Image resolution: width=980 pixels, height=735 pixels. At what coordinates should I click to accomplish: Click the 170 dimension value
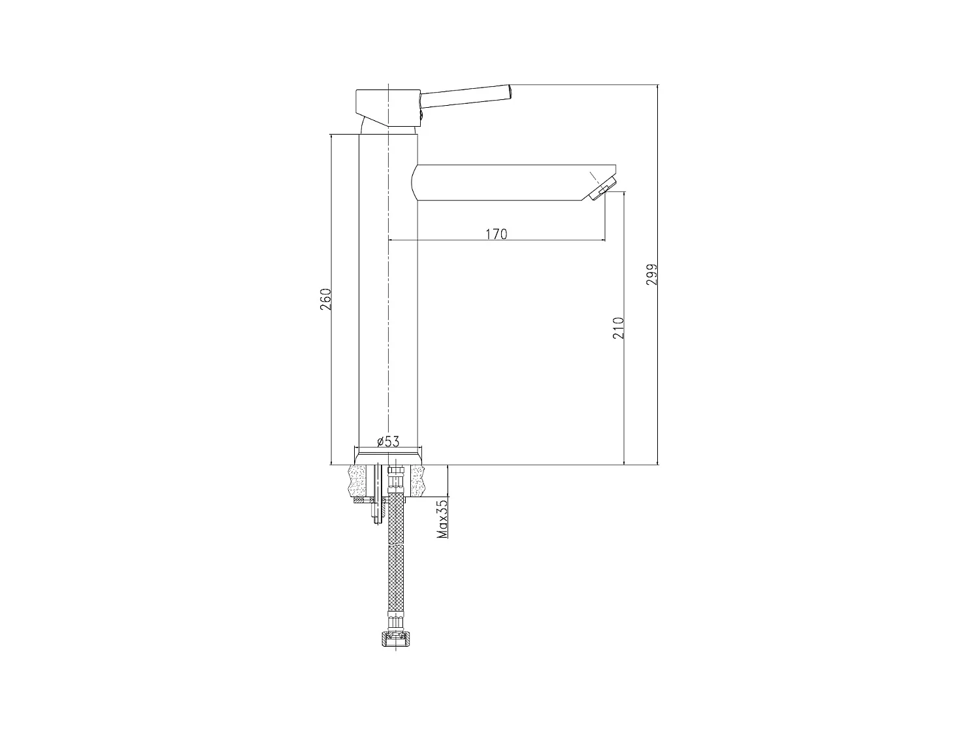click(x=497, y=233)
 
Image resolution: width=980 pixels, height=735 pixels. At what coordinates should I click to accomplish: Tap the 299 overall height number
click(x=651, y=275)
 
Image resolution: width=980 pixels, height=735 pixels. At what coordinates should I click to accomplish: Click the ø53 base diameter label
click(x=388, y=442)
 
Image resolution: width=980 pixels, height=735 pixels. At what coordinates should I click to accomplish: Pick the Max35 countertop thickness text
click(x=442, y=519)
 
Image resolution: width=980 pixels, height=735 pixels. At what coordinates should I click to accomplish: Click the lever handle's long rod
click(x=465, y=95)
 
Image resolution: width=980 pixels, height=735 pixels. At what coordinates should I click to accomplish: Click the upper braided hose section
click(x=395, y=519)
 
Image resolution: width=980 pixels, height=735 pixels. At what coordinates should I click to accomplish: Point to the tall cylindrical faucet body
click(x=388, y=294)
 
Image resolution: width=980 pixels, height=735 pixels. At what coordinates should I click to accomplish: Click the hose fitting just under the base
click(x=394, y=481)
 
